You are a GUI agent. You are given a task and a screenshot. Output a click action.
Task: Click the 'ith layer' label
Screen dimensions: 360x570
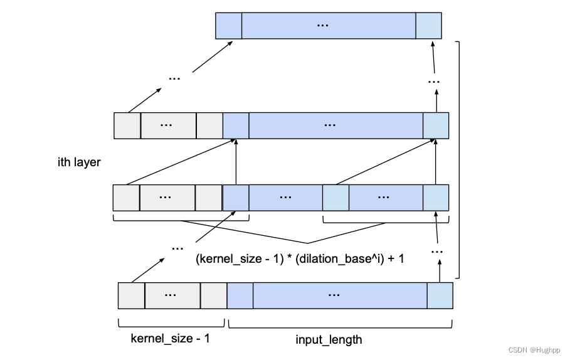coord(79,162)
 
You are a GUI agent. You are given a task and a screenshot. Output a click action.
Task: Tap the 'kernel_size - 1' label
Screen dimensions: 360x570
coord(171,339)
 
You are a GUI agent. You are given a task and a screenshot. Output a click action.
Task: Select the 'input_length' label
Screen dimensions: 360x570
coord(329,339)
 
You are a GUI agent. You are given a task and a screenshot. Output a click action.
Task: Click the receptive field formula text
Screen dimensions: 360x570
coord(300,258)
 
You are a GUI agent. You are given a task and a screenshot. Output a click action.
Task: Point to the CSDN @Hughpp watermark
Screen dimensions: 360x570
coord(534,350)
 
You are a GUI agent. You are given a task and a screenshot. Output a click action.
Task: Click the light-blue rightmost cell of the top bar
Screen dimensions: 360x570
coord(428,26)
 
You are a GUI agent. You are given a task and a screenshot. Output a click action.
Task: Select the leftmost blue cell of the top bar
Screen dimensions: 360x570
coord(229,26)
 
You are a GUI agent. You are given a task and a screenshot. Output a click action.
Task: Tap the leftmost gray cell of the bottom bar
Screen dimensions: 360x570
coord(132,295)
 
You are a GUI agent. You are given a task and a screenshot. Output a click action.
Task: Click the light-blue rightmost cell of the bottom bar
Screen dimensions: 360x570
coord(440,295)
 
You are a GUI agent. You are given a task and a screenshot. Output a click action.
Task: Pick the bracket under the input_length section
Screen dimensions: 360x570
coord(339,324)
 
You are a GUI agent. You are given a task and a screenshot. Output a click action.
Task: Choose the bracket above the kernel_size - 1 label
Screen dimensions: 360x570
coord(171,324)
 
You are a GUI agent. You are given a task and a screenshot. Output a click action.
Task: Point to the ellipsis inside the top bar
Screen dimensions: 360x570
coord(323,24)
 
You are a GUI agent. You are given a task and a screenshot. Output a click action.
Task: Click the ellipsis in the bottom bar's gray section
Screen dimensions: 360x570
coord(172,294)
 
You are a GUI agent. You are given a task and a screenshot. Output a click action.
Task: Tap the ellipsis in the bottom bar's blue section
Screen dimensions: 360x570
coord(334,294)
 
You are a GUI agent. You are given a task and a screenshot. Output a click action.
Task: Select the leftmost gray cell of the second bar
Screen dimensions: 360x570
coord(127,125)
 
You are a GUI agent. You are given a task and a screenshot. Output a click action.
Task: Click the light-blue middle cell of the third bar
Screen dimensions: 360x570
coord(335,198)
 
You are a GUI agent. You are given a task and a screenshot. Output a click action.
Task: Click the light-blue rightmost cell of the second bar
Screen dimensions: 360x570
coord(436,125)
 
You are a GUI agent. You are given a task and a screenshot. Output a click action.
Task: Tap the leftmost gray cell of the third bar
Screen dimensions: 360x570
coord(126,198)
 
